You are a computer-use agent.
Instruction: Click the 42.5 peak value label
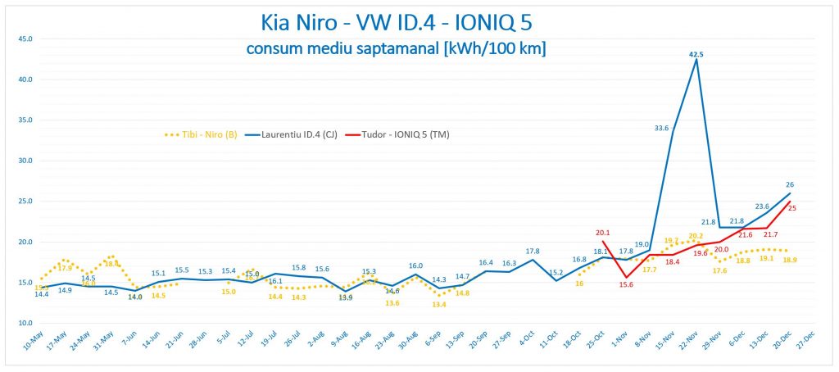click(696, 55)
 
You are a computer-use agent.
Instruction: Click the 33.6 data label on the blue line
click(660, 127)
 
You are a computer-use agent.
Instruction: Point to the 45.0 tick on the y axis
click(25, 39)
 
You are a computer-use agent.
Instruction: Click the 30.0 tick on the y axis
click(25, 161)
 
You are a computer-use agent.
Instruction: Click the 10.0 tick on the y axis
click(25, 323)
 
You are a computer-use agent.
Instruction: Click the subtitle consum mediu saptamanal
click(396, 49)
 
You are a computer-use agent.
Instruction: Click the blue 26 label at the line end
click(790, 184)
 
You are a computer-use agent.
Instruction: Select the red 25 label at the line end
click(792, 207)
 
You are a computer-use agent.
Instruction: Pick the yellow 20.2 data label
click(696, 236)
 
